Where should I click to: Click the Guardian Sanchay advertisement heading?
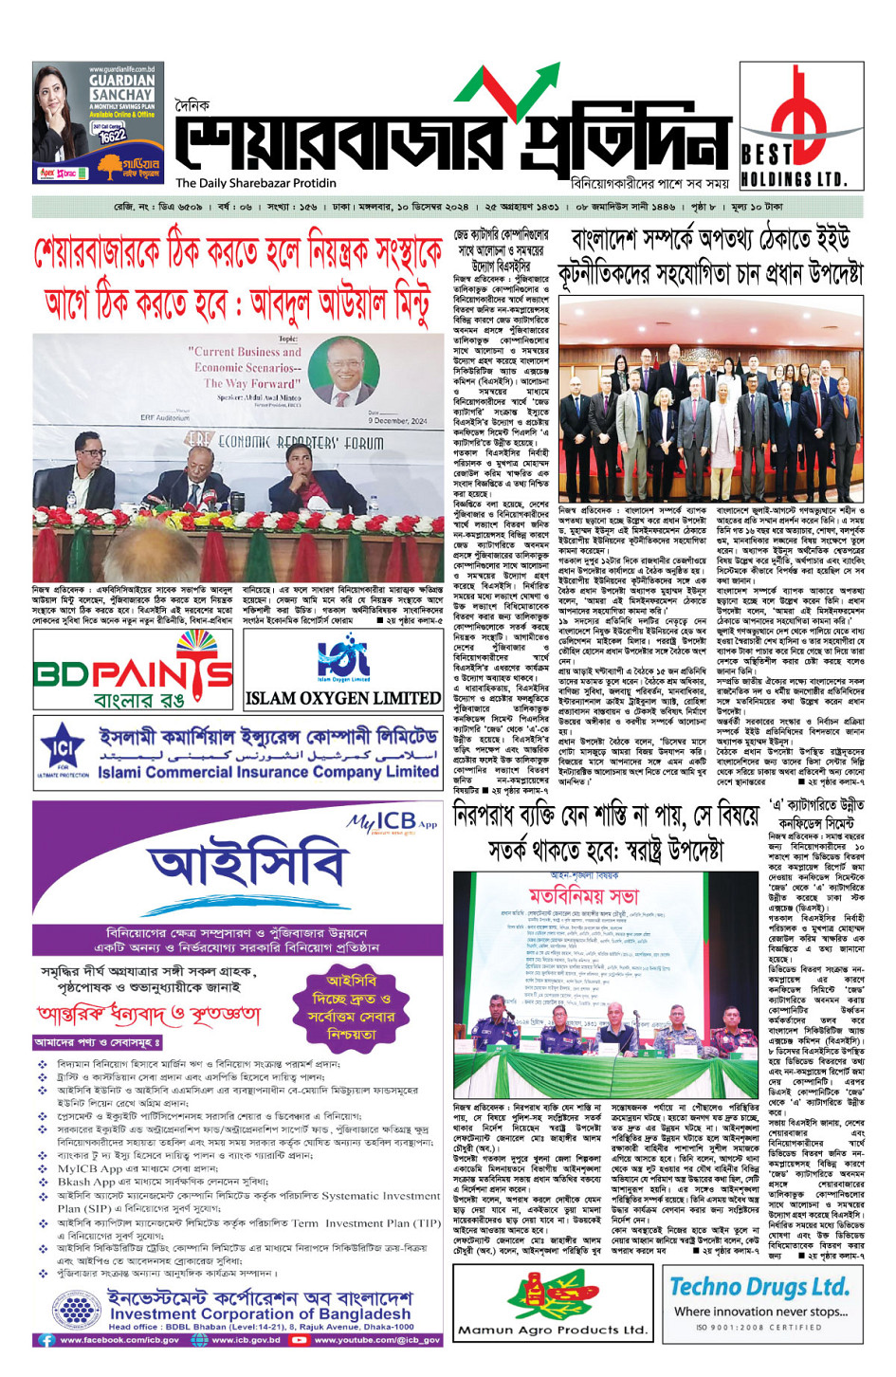tap(121, 88)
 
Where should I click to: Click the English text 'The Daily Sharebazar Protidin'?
tap(255, 183)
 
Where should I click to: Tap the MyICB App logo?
tap(392, 821)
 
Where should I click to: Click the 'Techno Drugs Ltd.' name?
tap(759, 1287)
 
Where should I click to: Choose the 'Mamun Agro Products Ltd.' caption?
tap(552, 1331)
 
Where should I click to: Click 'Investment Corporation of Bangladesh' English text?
tap(260, 1314)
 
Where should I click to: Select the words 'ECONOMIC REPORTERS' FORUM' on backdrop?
tap(284, 442)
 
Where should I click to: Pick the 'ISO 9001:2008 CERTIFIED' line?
tap(758, 1328)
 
